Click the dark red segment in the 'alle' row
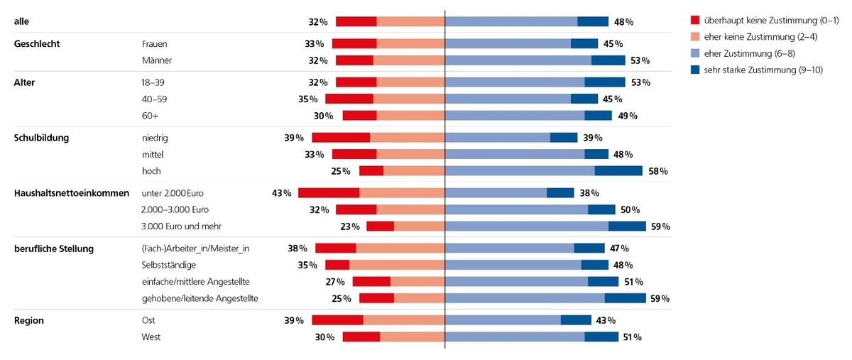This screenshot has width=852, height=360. tap(356, 21)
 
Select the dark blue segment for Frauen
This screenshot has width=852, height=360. tap(584, 43)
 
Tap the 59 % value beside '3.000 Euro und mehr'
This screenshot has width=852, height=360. tap(660, 227)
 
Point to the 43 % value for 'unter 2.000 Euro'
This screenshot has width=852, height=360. tap(282, 192)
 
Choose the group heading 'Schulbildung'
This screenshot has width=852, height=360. tap(41, 137)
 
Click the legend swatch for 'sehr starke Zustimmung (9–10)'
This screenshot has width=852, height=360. tap(696, 70)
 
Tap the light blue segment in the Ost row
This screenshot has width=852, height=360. tap(503, 320)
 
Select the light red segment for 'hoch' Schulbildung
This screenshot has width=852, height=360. tap(414, 170)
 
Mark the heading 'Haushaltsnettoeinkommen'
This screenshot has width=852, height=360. tap(72, 192)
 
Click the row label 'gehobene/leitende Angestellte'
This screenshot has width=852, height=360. tap(200, 298)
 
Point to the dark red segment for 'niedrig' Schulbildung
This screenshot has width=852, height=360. tap(341, 137)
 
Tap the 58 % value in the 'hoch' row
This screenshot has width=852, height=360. tap(658, 170)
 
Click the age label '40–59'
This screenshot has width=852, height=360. tap(154, 99)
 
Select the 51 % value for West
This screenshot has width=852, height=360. tap(632, 337)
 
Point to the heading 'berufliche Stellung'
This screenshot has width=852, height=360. tap(54, 249)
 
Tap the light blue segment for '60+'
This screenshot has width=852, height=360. tap(515, 115)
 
